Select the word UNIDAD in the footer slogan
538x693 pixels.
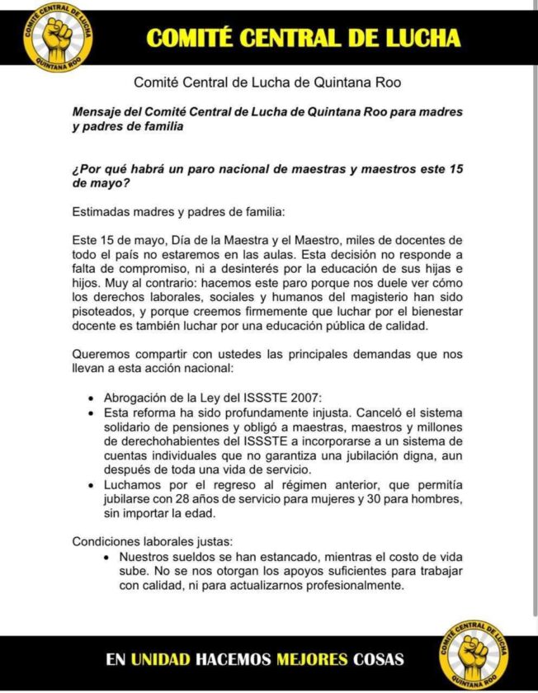(x=161, y=659)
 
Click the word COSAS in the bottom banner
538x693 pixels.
(x=379, y=659)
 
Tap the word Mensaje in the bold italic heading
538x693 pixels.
(x=98, y=111)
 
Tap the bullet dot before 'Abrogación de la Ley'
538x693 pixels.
(x=91, y=396)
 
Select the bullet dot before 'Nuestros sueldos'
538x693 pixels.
(x=109, y=558)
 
